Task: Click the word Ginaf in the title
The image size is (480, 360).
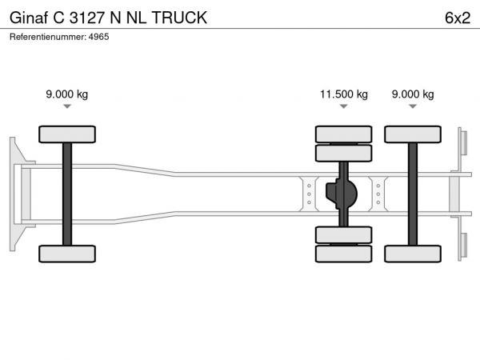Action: (29, 18)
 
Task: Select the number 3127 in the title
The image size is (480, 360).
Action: (87, 18)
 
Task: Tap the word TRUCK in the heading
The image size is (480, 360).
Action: (179, 18)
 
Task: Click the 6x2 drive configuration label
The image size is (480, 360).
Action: (458, 18)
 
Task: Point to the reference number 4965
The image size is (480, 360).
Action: (98, 37)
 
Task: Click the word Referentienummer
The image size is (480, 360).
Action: (48, 37)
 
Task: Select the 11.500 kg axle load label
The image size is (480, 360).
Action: (344, 94)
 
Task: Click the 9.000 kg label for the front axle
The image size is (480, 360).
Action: (67, 94)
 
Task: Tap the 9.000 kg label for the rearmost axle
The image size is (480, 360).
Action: (413, 94)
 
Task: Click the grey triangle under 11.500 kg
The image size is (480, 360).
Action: (344, 106)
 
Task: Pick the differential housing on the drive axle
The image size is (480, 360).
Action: (342, 194)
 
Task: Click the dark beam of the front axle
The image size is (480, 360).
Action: (67, 194)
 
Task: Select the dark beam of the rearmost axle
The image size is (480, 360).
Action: (413, 194)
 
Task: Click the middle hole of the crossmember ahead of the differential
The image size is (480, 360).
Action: (309, 194)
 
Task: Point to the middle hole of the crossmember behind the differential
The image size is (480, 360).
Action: (378, 194)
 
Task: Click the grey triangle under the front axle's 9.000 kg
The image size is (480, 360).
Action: (67, 106)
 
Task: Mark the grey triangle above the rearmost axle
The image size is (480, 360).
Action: (413, 106)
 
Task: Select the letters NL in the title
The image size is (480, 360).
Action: (137, 18)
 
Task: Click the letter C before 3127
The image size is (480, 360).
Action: (58, 18)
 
